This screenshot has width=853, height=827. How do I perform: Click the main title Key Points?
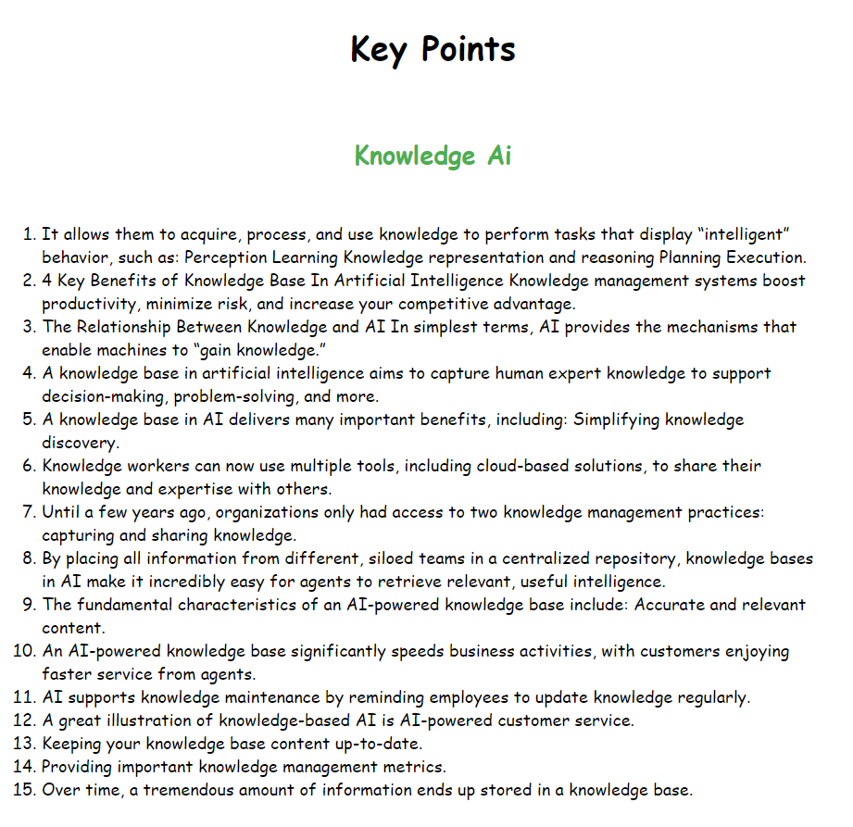[433, 49]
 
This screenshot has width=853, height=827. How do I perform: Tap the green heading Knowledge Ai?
[433, 156]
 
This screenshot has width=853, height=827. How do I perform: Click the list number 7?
[29, 512]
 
